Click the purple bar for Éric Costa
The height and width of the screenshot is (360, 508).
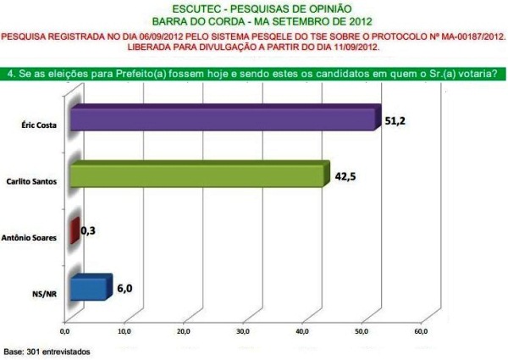222,119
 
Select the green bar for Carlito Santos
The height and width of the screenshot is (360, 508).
196,175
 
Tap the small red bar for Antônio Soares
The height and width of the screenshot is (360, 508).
75,231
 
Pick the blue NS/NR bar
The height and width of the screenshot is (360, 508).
90,288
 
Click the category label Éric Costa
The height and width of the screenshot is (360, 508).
40,125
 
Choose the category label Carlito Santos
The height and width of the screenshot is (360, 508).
36,181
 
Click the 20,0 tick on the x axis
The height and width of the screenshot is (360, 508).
184,330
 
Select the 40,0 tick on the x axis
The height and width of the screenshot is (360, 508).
302,330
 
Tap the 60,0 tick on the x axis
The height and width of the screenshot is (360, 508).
421,330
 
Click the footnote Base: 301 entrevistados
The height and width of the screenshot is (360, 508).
47,350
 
